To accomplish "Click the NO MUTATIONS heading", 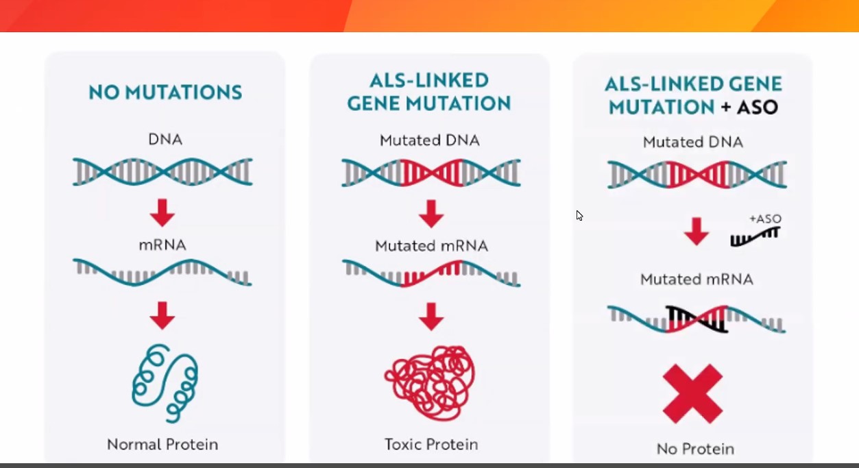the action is tap(165, 93).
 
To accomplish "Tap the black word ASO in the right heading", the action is tap(758, 107).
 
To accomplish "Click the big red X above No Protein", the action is tap(692, 393).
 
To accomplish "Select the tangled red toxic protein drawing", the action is tap(431, 383).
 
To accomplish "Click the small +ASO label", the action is tap(766, 219).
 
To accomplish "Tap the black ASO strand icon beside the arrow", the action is tap(755, 237).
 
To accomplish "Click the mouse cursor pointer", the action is tap(579, 216).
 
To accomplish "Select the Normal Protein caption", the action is tap(162, 445).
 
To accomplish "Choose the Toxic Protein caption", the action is tap(431, 445).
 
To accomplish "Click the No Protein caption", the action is tap(696, 449).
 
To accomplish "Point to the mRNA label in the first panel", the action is tap(162, 245).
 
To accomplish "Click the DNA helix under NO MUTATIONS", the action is tap(162, 172).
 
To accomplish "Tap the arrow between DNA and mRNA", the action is tap(162, 212).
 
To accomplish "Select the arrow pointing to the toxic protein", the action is tap(431, 317).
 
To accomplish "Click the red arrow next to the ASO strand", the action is tap(697, 232).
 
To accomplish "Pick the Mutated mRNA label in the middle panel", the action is tap(431, 246).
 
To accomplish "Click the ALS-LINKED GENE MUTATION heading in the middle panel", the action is tap(429, 92).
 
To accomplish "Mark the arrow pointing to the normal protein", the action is tap(162, 315).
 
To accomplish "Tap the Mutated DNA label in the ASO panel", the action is tap(693, 143).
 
